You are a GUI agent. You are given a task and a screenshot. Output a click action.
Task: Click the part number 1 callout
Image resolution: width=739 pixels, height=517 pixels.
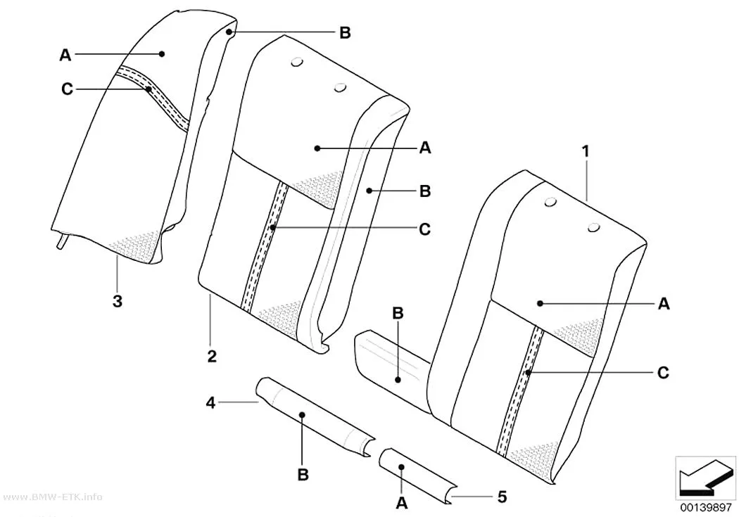[x=586, y=152]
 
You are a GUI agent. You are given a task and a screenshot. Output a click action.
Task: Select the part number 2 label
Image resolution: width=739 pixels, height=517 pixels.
[x=212, y=357]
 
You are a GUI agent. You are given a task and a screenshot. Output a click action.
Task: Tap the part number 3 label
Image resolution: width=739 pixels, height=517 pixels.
[x=118, y=301]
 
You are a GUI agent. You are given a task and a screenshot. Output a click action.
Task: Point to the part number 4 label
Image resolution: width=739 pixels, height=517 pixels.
[x=210, y=402]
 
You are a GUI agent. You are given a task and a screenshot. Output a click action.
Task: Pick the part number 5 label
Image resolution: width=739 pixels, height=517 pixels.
[x=502, y=497]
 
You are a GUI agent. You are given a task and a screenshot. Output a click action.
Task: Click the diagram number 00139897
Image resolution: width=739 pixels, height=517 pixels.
[x=705, y=508]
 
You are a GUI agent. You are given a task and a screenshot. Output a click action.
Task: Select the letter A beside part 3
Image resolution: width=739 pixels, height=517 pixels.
[x=65, y=55]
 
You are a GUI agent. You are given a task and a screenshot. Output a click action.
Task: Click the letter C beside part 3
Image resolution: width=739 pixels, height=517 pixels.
[x=68, y=89]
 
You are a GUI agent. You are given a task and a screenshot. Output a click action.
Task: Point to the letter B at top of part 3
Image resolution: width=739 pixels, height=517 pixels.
[x=346, y=33]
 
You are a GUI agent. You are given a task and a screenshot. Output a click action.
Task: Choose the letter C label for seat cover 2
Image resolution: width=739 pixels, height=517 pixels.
[x=424, y=229]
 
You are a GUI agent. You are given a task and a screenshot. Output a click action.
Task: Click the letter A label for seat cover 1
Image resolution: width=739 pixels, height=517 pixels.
[x=664, y=304]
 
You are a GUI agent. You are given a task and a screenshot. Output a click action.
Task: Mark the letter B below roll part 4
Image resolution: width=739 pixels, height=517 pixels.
[x=303, y=474]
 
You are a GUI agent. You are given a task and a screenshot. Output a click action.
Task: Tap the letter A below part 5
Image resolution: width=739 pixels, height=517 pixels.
[x=402, y=503]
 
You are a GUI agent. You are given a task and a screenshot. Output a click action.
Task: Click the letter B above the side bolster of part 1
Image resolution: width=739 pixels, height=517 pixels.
[x=398, y=313]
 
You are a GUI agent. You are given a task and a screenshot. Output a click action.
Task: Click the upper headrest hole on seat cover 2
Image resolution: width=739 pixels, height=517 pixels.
[x=298, y=61]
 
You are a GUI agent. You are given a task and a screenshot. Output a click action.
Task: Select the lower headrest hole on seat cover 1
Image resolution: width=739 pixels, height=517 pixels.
[x=594, y=229]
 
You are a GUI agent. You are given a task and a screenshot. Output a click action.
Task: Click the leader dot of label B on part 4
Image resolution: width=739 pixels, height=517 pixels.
[x=303, y=415]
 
